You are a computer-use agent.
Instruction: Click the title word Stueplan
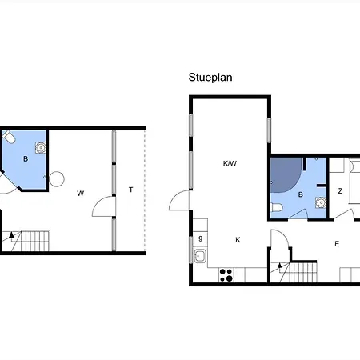(210, 78)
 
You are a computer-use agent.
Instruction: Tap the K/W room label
(230, 163)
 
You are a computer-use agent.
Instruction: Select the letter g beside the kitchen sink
(201, 238)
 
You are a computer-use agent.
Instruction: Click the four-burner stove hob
(226, 275)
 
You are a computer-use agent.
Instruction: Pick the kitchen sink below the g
(200, 256)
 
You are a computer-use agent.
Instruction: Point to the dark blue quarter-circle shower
(285, 174)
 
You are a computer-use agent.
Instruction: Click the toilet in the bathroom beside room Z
(276, 207)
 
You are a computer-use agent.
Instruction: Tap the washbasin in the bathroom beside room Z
(321, 202)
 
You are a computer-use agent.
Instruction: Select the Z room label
(340, 191)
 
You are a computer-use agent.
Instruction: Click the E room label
(337, 244)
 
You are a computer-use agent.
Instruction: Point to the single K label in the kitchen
(238, 240)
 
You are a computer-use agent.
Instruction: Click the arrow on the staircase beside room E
(279, 265)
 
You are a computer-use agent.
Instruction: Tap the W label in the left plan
(80, 194)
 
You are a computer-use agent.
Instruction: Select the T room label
(130, 190)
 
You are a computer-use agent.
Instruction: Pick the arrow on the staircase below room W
(11, 234)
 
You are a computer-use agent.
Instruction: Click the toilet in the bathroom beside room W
(9, 137)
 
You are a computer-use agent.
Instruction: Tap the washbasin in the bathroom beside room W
(41, 147)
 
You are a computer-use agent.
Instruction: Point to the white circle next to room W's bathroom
(57, 179)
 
